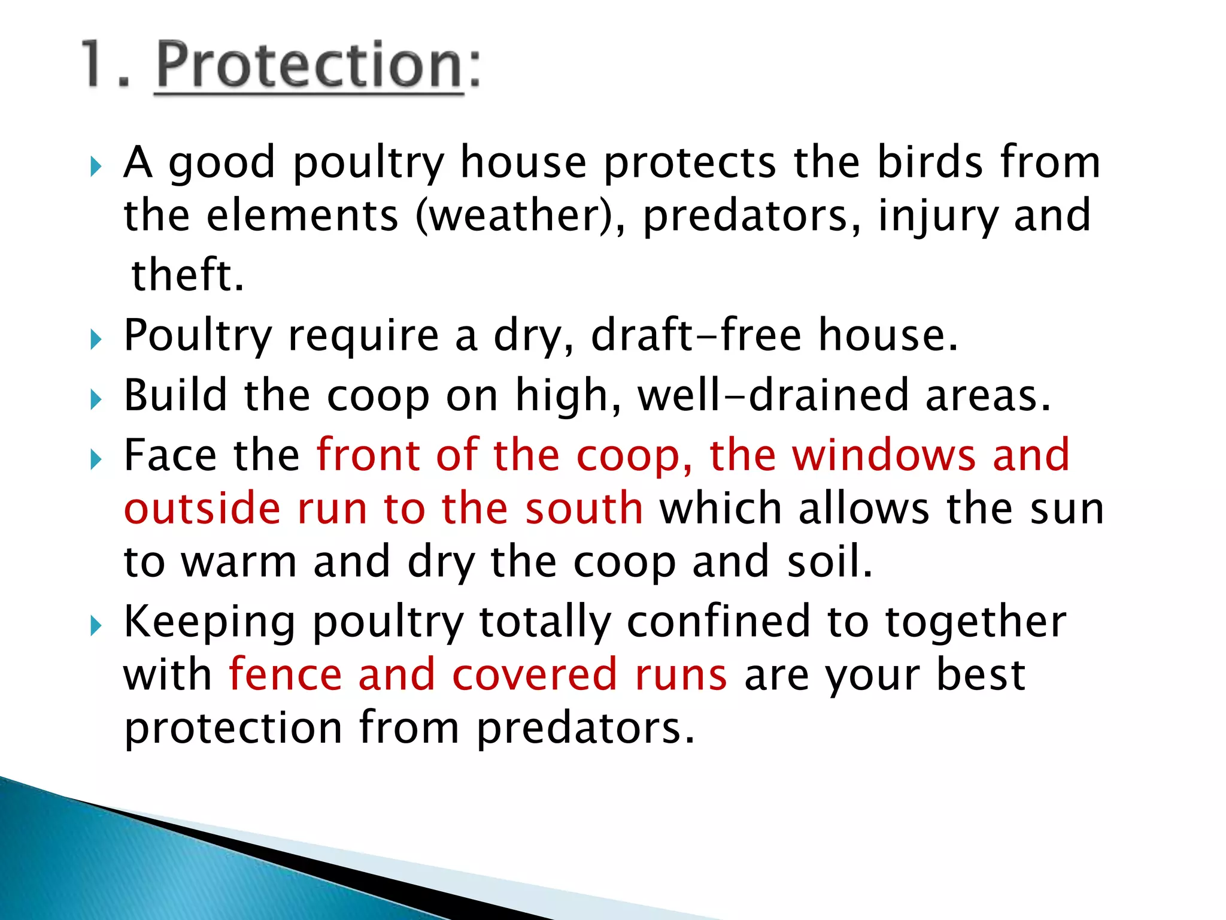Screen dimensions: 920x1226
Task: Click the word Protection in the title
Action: click(x=310, y=66)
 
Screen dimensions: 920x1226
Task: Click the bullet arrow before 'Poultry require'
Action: click(x=96, y=340)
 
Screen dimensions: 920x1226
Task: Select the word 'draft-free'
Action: click(x=696, y=335)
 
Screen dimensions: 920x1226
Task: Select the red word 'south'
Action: click(x=584, y=509)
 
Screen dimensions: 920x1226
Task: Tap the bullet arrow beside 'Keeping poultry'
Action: click(x=96, y=627)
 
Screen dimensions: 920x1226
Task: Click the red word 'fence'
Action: click(x=286, y=675)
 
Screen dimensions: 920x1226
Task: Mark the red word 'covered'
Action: click(x=535, y=675)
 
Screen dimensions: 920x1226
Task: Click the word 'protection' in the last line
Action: click(x=233, y=728)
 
